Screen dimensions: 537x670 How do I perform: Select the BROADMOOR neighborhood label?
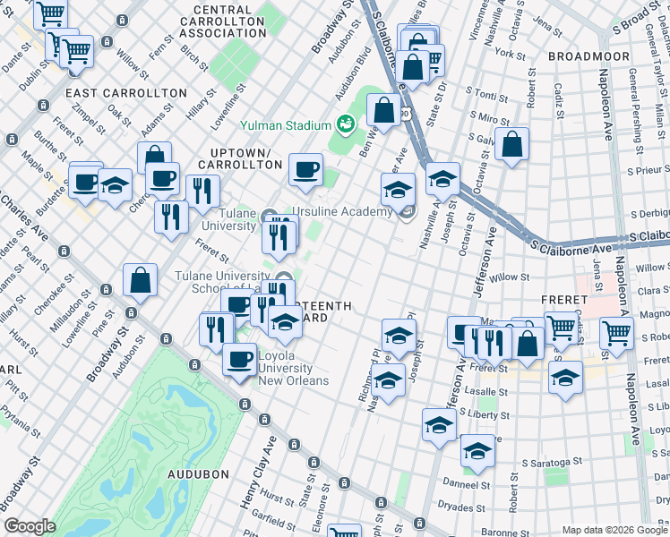[x=583, y=55]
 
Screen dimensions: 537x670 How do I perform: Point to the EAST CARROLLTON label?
[x=125, y=93]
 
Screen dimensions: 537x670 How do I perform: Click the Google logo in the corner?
[x=29, y=526]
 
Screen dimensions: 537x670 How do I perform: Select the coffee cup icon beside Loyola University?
[x=238, y=360]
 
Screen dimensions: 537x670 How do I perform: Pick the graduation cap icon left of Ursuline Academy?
[x=398, y=189]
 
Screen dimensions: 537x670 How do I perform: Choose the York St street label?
[x=510, y=54]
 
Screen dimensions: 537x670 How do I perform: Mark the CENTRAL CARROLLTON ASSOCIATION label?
[x=223, y=21]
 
